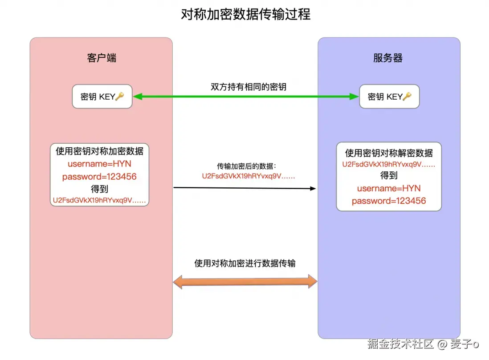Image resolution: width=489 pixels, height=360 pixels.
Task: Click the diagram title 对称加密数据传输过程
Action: [245, 15]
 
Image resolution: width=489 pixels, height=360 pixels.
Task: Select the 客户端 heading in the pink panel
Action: [102, 58]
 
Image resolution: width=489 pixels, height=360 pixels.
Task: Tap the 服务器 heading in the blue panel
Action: [388, 58]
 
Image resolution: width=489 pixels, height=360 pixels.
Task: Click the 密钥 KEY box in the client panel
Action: [102, 97]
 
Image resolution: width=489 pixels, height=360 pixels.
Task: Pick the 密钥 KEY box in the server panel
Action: [389, 97]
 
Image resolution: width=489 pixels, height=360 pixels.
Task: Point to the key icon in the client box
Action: [119, 97]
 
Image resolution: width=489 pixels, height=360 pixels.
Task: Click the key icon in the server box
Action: [407, 97]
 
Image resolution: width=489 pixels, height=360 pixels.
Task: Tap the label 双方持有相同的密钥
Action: [249, 87]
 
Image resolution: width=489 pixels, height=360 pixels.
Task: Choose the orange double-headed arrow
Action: [245, 281]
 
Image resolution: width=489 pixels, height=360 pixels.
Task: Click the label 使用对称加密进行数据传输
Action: [245, 263]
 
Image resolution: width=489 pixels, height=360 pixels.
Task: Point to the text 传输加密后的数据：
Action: [247, 166]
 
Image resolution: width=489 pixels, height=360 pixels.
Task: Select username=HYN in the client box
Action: [99, 164]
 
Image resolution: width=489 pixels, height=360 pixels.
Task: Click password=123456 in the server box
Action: [389, 201]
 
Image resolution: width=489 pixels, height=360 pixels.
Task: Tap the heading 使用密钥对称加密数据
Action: [99, 151]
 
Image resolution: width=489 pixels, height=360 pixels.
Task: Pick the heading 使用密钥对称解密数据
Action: [389, 153]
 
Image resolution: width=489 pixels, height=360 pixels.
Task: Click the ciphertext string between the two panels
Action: [249, 176]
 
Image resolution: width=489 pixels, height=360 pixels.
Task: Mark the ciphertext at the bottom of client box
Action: [99, 200]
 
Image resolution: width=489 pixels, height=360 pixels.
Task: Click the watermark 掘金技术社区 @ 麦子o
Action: [423, 344]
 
